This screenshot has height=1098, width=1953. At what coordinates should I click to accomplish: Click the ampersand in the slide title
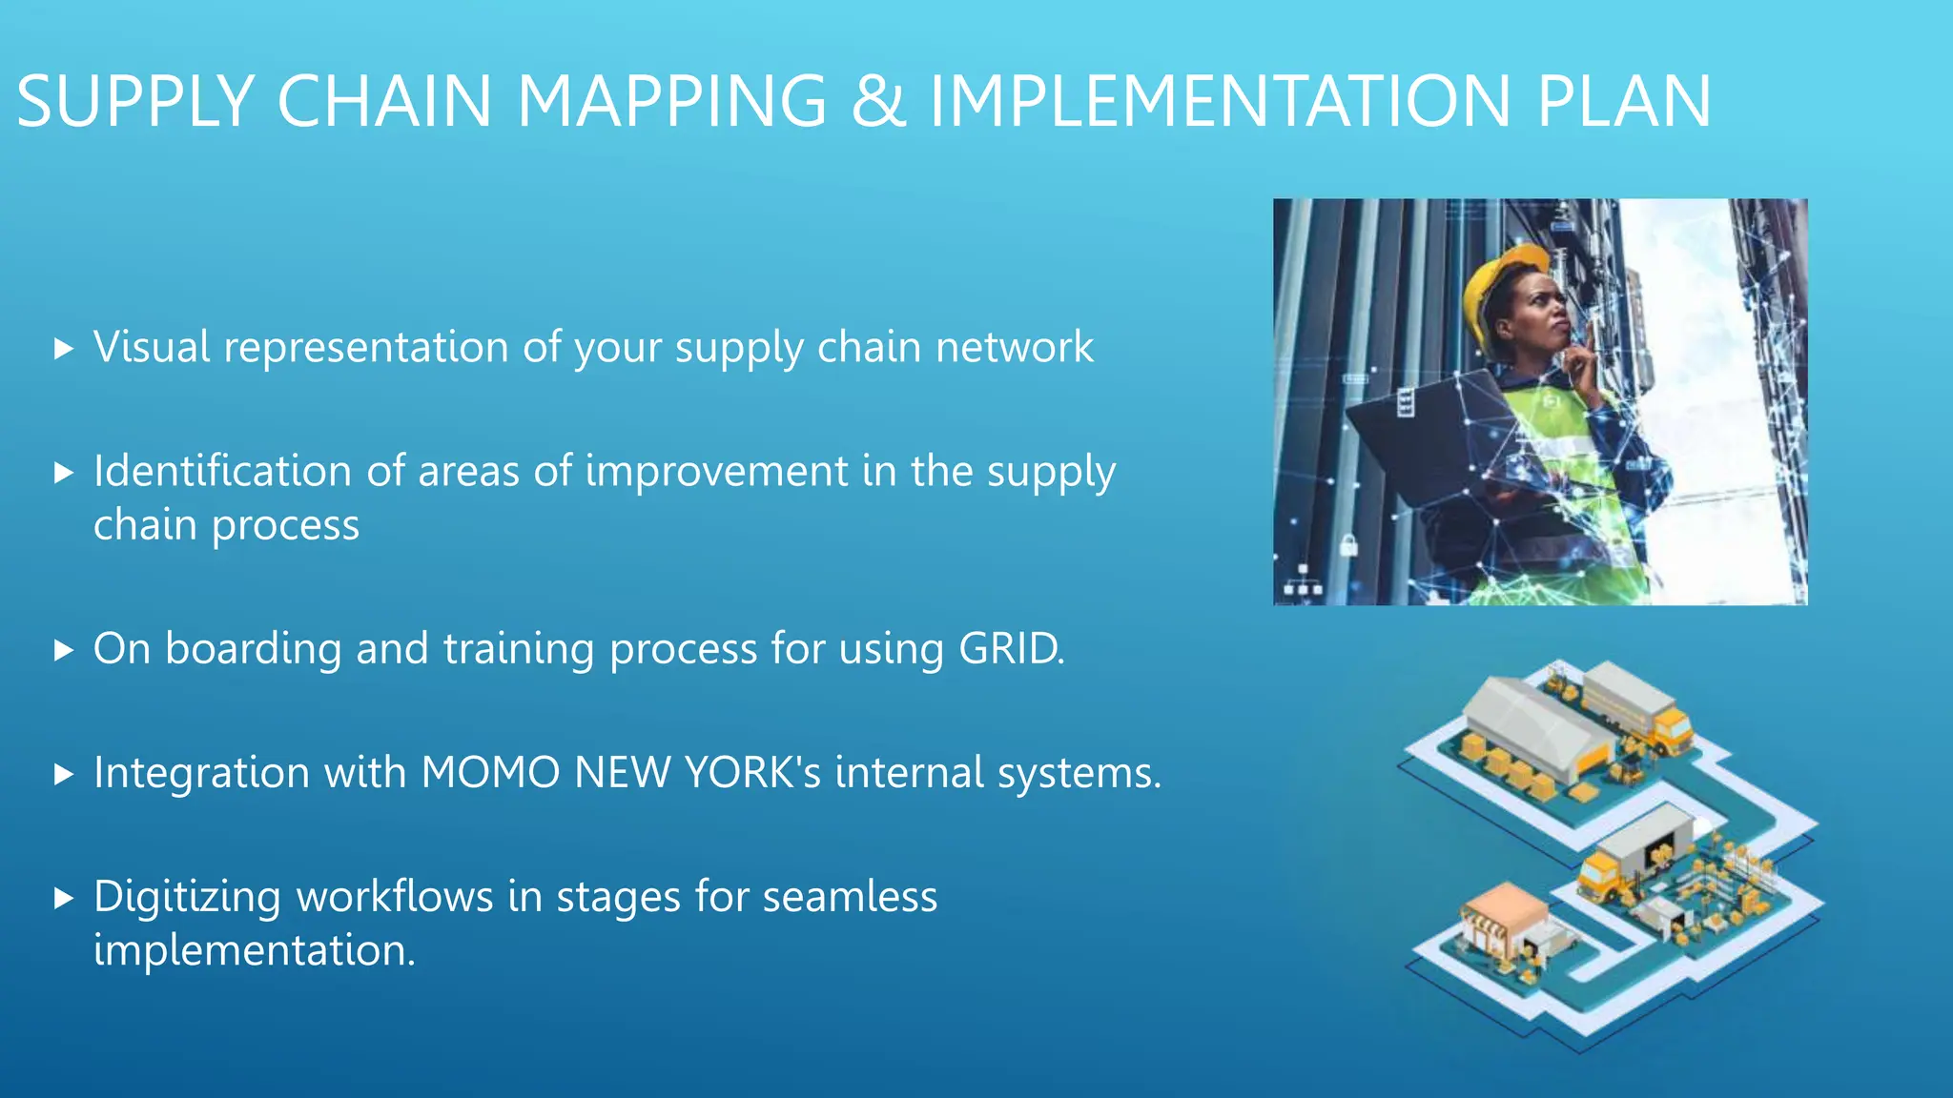[878, 101]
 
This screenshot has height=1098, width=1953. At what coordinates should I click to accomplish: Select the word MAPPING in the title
[671, 101]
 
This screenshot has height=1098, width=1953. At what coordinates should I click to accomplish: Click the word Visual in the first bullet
[152, 347]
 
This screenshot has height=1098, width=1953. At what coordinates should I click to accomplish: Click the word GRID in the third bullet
[1008, 648]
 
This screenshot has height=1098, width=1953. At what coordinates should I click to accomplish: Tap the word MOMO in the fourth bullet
[490, 772]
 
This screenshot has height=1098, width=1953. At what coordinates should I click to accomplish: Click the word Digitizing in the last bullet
[187, 896]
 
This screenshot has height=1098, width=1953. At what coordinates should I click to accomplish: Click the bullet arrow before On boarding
[64, 651]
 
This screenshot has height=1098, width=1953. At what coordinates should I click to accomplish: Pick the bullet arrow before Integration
[64, 774]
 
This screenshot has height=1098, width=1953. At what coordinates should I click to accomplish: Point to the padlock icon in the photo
[1348, 546]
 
